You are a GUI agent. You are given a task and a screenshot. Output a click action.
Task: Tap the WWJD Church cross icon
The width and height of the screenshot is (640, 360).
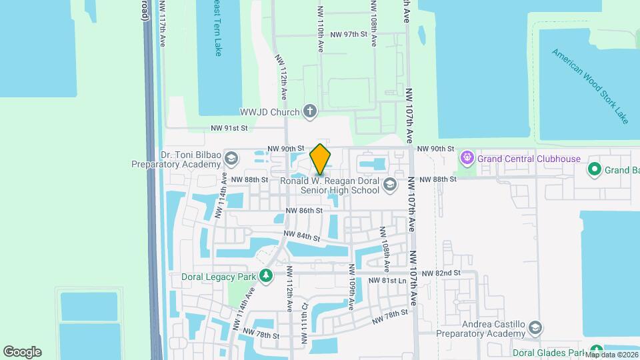[309, 111]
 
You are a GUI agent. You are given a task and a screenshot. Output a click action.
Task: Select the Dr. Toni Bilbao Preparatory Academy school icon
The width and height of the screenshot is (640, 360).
[231, 159]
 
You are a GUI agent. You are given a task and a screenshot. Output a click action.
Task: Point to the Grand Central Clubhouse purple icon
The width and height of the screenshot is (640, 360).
[467, 159]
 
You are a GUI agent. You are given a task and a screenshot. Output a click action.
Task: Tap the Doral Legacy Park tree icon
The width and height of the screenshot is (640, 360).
[266, 276]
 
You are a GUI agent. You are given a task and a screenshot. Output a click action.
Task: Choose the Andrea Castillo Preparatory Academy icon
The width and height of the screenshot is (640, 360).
[535, 328]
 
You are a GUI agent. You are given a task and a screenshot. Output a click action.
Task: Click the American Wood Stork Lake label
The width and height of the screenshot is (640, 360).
[590, 85]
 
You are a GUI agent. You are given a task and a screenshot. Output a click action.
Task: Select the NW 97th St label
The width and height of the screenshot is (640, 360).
[349, 34]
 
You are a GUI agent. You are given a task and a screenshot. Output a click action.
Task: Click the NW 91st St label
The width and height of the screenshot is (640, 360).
[229, 128]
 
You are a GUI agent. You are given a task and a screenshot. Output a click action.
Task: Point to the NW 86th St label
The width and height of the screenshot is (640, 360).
[304, 211]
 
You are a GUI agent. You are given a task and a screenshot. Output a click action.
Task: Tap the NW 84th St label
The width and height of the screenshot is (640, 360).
[301, 236]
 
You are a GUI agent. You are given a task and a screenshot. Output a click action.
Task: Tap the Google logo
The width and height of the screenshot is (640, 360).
[22, 352]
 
